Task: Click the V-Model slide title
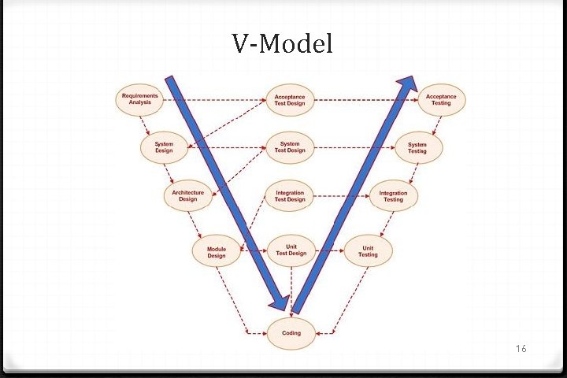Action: pos(283,44)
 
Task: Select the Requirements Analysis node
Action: pos(140,99)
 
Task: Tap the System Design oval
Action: pos(164,147)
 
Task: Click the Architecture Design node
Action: pos(187,195)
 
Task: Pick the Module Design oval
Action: pos(216,251)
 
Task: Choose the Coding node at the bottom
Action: pos(291,333)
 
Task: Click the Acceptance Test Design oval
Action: pos(290,99)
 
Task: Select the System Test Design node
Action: pos(290,147)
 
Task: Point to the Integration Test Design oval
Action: pos(290,196)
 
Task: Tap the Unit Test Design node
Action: pos(291,250)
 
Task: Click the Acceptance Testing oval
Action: pos(441,99)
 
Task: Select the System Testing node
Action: pos(417,147)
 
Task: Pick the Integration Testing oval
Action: pos(393,196)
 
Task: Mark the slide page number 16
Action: pos(521,348)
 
